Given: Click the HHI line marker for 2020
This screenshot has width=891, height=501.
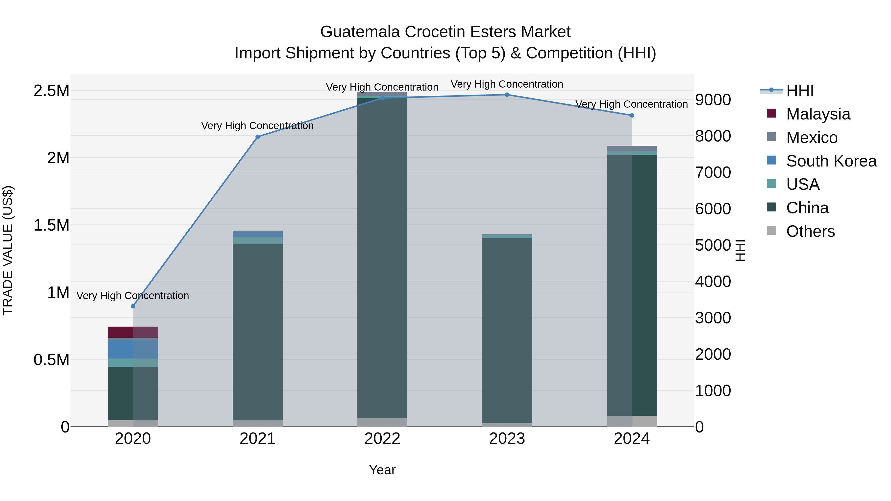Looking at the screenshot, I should (x=133, y=306).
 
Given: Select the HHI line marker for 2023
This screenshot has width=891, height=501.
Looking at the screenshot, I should (x=507, y=95).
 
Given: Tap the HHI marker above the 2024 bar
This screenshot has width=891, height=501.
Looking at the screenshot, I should (x=632, y=116).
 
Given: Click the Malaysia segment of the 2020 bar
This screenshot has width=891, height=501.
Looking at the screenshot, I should (x=133, y=332).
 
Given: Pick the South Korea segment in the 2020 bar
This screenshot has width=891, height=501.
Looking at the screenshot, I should (x=133, y=350).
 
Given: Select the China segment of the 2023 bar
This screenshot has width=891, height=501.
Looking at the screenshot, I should (x=507, y=330).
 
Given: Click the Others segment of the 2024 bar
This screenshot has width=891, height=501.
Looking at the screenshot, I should (x=632, y=421).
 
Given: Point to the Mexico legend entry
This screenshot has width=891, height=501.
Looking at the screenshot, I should (x=812, y=138).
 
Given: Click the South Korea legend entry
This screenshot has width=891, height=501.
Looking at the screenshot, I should (x=831, y=161).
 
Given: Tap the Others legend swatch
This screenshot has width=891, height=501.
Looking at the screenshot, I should (x=771, y=231).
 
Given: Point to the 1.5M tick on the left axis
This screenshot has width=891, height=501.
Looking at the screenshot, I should (x=51, y=225).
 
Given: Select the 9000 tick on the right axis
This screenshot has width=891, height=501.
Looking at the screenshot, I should (x=713, y=100).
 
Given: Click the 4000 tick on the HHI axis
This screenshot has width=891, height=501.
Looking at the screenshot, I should (x=713, y=282).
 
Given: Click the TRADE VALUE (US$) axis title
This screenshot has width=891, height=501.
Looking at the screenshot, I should (x=8, y=250).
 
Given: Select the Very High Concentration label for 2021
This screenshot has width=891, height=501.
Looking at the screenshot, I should (x=257, y=126).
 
